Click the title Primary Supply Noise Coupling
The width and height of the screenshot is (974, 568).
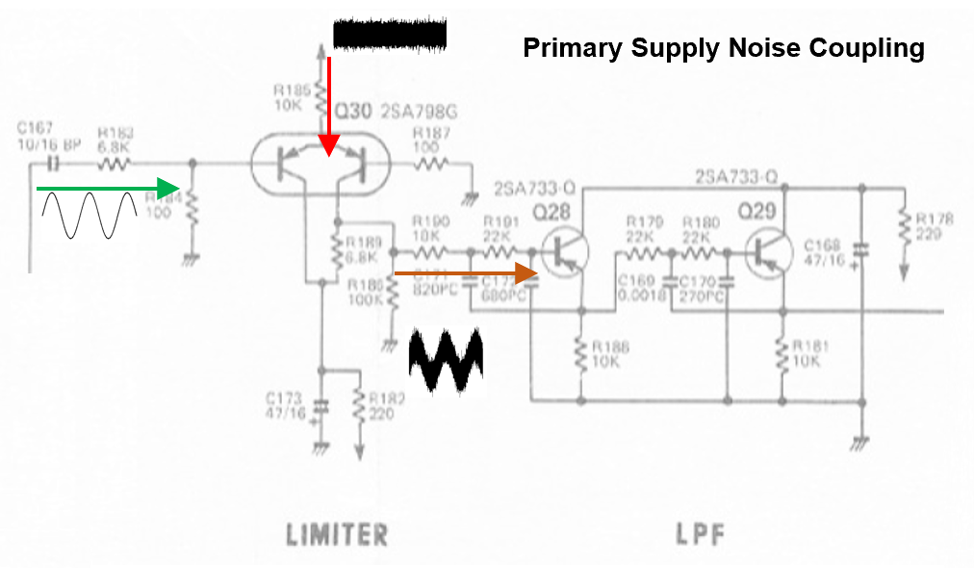pyautogui.click(x=723, y=48)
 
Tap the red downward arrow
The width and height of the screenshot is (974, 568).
pyautogui.click(x=329, y=106)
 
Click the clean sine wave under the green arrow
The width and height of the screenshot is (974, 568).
pyautogui.click(x=88, y=215)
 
